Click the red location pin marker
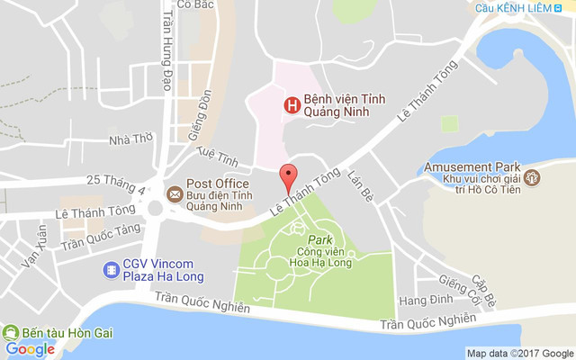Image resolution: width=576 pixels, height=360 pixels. pos(288,175)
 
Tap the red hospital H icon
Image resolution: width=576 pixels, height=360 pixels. pos(292,105)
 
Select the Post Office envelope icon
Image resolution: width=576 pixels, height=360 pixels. pos(175,193)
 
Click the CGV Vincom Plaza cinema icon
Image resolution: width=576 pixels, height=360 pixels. pos(112,268)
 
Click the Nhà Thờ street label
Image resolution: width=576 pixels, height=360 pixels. pos(131,139)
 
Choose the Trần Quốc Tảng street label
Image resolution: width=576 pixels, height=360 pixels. pos(101,236)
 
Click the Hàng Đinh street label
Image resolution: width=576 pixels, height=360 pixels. pos(423,299)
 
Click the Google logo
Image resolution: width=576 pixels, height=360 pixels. pos(30,349)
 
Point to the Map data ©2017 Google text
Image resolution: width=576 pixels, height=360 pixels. pos(519,353)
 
